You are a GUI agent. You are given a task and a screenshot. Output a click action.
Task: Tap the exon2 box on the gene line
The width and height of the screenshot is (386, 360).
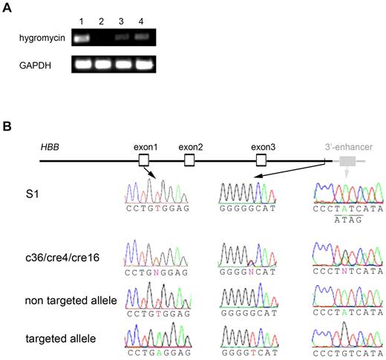[x=189, y=160]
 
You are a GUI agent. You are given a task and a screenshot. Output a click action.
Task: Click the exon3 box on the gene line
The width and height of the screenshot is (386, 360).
[x=261, y=160]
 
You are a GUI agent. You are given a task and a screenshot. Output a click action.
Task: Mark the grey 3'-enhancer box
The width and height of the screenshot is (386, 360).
[x=347, y=160]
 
